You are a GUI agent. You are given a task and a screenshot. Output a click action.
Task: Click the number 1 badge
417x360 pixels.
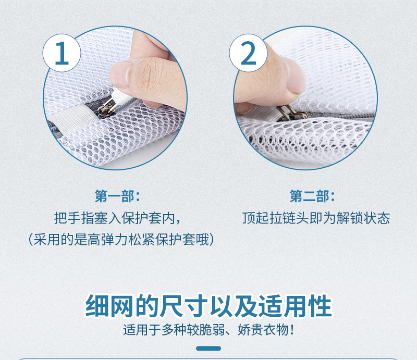[62, 53]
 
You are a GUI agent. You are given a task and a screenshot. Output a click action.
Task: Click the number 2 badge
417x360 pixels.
[249, 53]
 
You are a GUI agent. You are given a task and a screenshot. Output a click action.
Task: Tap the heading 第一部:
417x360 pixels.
[117, 196]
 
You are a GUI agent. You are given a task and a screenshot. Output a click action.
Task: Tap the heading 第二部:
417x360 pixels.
[312, 196]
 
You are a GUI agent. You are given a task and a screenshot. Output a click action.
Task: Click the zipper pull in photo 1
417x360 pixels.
[107, 107]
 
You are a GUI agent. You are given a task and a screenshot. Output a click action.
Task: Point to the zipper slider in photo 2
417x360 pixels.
[292, 113]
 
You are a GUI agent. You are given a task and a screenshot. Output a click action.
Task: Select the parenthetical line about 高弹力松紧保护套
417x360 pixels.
[121, 240]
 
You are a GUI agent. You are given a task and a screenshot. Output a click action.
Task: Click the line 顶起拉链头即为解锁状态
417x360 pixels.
[316, 218]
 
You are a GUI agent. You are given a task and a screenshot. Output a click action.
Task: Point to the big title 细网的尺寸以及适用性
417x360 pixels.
[208, 306]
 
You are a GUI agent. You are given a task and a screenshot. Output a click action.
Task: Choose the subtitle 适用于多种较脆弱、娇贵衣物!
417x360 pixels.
[208, 330]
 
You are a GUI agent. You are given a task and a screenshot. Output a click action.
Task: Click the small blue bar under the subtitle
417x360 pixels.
[208, 349]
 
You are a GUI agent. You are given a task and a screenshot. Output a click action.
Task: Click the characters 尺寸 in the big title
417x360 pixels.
[184, 306]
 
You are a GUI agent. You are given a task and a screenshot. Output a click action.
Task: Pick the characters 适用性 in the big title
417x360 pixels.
[296, 306]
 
